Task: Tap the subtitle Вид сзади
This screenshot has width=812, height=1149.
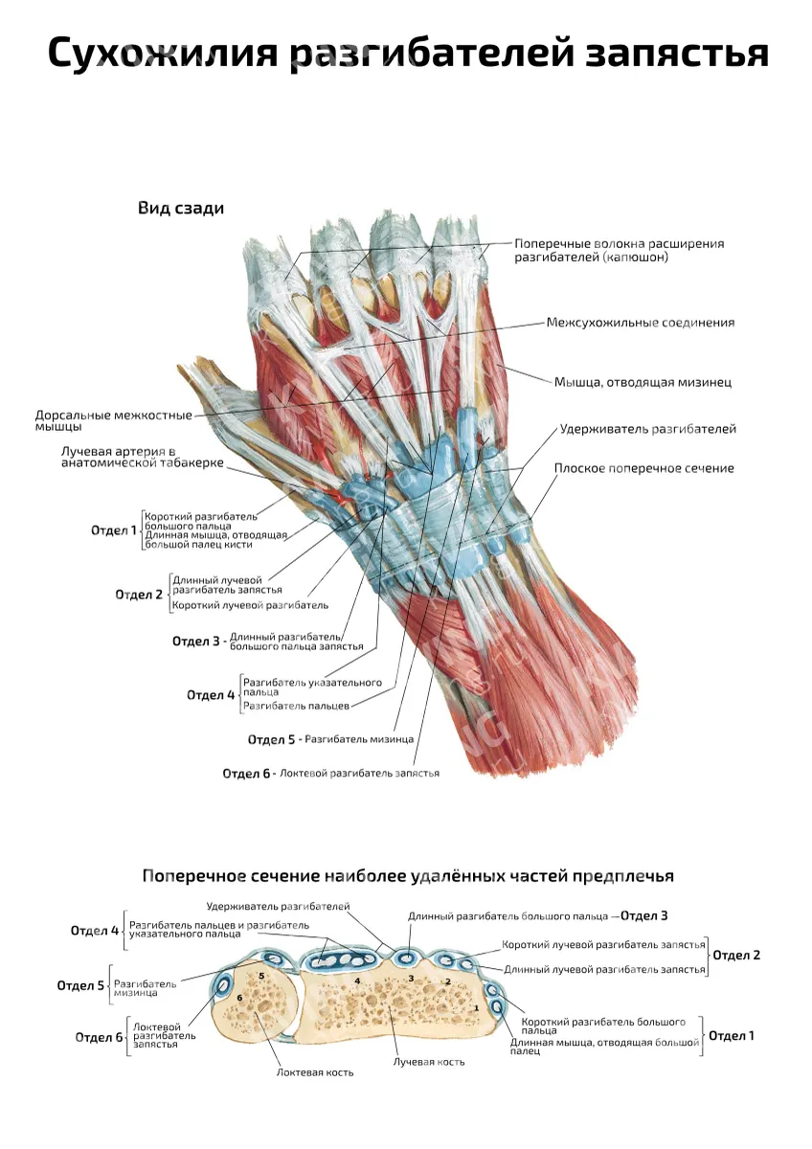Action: pyautogui.click(x=181, y=209)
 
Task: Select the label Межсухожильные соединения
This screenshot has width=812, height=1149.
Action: pyautogui.click(x=641, y=323)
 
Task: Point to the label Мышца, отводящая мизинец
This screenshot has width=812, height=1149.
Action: pyautogui.click(x=643, y=382)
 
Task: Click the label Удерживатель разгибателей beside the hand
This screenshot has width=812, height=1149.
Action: pyautogui.click(x=648, y=429)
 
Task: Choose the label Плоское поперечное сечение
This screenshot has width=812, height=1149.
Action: pyautogui.click(x=643, y=468)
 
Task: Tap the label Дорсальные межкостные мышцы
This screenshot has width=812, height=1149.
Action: pyautogui.click(x=113, y=420)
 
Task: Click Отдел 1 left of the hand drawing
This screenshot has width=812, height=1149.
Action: pyautogui.click(x=114, y=530)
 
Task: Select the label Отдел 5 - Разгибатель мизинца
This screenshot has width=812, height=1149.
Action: pyautogui.click(x=330, y=739)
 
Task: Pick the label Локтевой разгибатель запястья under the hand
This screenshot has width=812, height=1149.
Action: pyautogui.click(x=360, y=773)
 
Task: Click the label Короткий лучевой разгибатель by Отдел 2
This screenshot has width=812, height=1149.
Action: pyautogui.click(x=250, y=605)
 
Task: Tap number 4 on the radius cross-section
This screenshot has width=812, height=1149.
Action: pyautogui.click(x=357, y=980)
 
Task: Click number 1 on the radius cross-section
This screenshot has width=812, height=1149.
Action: pyautogui.click(x=477, y=1007)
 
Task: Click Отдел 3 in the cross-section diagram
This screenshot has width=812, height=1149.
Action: pyautogui.click(x=643, y=915)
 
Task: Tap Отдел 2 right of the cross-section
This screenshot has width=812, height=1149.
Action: pyautogui.click(x=736, y=956)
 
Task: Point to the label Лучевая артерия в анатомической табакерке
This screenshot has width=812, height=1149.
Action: pyautogui.click(x=143, y=457)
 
